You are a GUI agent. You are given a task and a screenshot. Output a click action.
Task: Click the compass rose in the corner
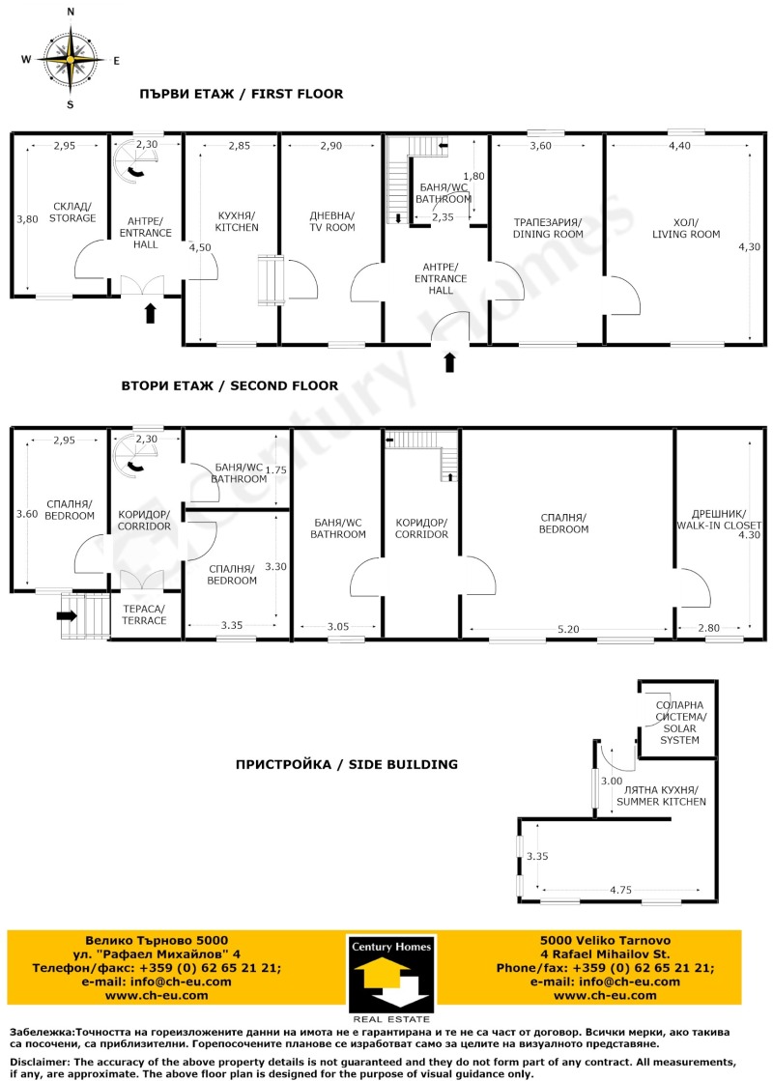pos(70,59)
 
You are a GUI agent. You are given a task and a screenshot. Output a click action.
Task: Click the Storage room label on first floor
pos(73,213)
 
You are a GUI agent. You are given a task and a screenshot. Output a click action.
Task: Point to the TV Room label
pos(331,221)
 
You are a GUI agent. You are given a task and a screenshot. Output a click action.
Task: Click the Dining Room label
pos(548,228)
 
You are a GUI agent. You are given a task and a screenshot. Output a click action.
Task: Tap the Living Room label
pos(686,228)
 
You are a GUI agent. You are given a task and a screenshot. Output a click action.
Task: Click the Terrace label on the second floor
pos(143,614)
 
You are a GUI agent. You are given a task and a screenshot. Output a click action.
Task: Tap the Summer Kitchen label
pos(662,796)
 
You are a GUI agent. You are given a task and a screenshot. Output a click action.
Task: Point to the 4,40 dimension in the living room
pos(679,146)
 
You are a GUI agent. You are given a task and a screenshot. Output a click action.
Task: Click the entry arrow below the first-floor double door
pos(150,313)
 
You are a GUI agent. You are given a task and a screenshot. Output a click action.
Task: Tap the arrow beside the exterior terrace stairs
pos(70,613)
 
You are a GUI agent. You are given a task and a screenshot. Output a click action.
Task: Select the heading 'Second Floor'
pos(229,385)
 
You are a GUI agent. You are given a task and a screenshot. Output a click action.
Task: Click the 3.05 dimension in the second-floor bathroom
pos(337,626)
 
